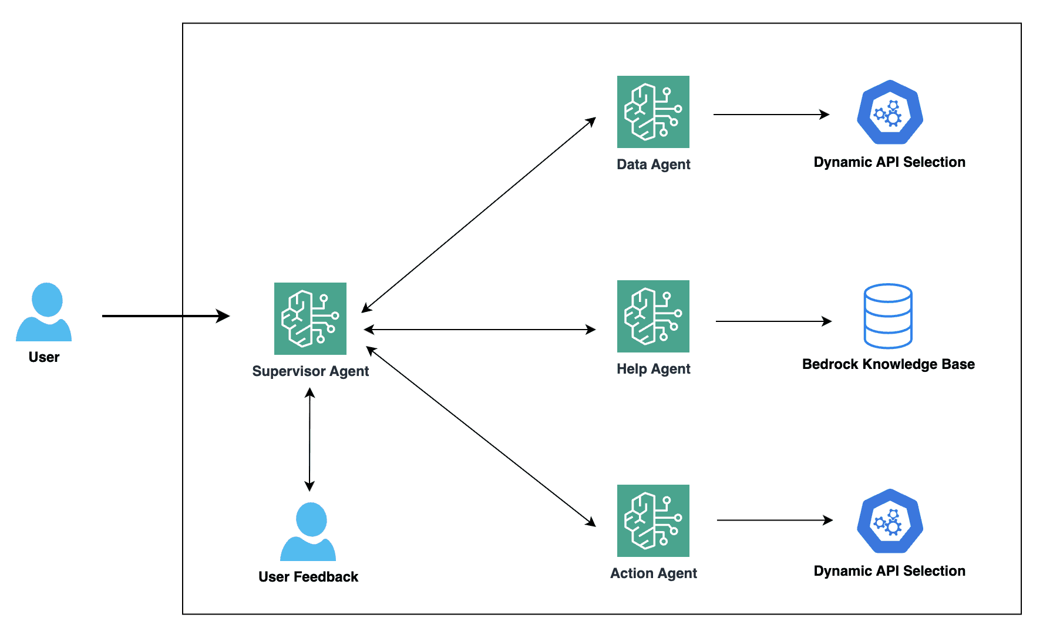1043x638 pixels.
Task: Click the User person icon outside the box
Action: [x=44, y=312]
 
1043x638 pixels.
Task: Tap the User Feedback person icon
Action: [x=308, y=532]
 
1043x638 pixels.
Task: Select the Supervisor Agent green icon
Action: [x=310, y=318]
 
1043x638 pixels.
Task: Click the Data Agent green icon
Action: [x=653, y=112]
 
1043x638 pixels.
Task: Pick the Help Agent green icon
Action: [x=653, y=316]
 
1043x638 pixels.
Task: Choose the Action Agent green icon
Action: [x=653, y=521]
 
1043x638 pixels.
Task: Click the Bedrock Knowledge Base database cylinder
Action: [x=888, y=316]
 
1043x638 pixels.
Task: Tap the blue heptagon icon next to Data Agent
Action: [x=890, y=113]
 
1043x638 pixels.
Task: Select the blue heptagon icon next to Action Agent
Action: [x=890, y=522]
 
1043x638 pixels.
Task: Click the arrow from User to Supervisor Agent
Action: [x=164, y=316]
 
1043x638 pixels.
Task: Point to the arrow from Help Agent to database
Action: [x=773, y=321]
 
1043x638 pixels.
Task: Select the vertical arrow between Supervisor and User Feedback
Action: [x=309, y=439]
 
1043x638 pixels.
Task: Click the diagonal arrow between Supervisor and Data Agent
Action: [x=479, y=214]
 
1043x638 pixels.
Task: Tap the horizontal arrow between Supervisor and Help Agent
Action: [x=479, y=330]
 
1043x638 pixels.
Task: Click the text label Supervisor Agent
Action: [x=310, y=371]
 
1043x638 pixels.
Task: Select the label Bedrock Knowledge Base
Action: [x=888, y=364]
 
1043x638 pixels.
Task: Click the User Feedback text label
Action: [x=308, y=577]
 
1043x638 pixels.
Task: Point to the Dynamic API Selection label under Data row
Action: [x=889, y=162]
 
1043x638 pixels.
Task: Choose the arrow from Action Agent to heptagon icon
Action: [x=774, y=520]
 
